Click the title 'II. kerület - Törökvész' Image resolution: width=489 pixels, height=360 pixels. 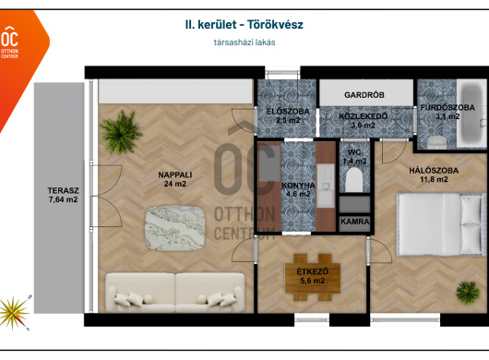point(244,25)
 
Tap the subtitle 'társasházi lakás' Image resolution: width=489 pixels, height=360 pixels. point(244,42)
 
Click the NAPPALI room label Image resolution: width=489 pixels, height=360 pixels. point(175,175)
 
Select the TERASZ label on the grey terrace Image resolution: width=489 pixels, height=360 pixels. point(64,190)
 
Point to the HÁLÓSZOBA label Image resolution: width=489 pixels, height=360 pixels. point(434,171)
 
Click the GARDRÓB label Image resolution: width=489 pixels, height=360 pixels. point(364,95)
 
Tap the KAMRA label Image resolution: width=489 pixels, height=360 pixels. point(355,222)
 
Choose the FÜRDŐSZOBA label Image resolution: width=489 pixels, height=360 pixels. point(447,108)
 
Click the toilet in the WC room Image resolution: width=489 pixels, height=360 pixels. point(354,180)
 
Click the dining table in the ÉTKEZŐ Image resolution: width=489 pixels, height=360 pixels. point(313,277)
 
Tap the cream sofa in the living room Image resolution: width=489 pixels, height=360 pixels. point(175,292)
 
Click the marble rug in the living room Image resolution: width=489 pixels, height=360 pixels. point(175,228)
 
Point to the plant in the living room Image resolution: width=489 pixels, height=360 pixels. point(120,133)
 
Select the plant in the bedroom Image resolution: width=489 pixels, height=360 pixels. point(468,294)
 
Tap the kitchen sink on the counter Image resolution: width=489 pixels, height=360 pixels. point(326,186)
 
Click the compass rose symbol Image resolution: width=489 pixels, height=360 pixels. point(14,313)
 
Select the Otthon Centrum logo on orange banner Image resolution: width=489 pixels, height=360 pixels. point(9,42)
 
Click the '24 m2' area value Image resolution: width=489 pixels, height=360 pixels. point(175,184)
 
